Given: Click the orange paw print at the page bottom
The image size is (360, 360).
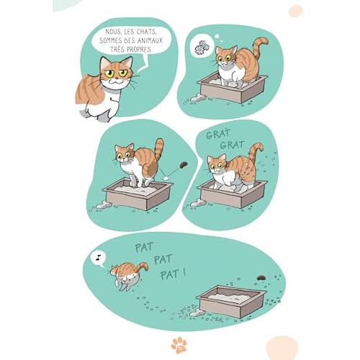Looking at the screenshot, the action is point(179,345).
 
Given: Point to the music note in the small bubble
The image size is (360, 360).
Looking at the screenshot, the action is point(98,257).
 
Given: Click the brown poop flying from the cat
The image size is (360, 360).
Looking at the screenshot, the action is point(184,164).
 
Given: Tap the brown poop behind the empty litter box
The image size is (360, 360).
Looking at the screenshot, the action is point(261,278).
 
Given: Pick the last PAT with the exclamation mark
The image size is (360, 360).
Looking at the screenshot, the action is point(173,274).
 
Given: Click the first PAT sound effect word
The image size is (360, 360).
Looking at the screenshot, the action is point(144,247).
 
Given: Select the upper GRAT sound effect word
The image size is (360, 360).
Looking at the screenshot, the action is point(218,134).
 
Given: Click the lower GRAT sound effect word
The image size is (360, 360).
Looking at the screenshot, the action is point(233,145).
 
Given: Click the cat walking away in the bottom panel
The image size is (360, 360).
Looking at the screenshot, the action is point(128,275).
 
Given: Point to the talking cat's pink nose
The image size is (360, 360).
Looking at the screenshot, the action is point(117,78).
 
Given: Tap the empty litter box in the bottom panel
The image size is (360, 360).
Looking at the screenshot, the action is point(231,301).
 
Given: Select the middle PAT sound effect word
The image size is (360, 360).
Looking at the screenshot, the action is point(163,260).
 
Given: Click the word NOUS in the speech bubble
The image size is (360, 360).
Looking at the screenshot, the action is point(113,32).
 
